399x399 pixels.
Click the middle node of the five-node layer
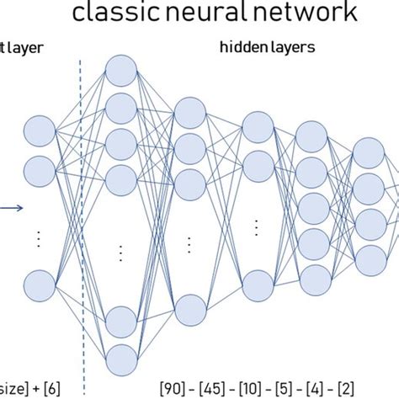pos(313,205)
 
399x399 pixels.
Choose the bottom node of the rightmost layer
pos(367,257)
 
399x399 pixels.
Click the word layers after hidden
pos(290,48)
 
